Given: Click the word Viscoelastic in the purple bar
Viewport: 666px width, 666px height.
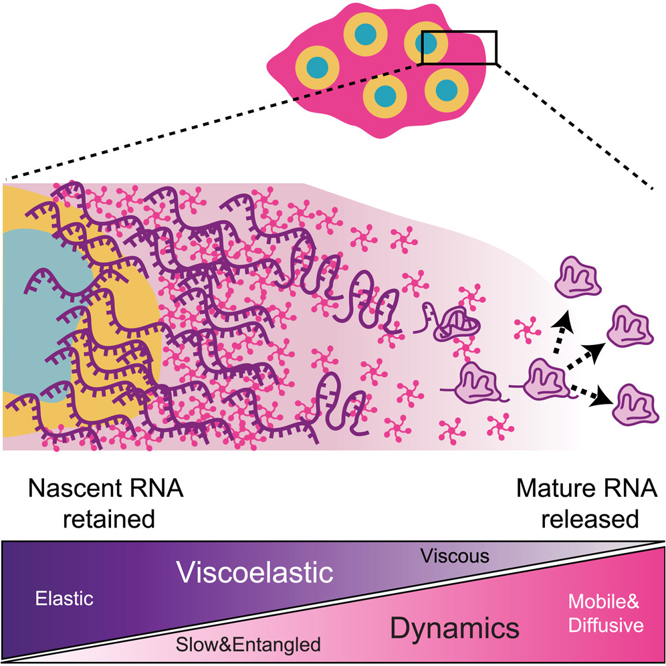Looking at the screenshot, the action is point(255,572).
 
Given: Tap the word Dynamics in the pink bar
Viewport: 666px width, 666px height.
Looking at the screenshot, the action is point(455,627).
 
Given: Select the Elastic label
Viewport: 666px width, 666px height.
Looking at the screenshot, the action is point(64,598).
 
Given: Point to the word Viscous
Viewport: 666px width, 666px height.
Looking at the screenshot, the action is point(455,556).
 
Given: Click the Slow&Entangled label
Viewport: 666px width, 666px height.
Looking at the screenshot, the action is point(248,645).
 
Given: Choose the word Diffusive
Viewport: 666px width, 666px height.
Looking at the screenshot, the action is point(606,625).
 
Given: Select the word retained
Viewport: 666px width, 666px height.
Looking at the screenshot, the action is point(109,519).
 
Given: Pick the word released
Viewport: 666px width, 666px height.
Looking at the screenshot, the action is point(590,519).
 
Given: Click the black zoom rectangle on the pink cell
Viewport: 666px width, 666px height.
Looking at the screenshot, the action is point(459,31).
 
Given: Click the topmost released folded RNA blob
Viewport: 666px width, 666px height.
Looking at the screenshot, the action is point(577,277).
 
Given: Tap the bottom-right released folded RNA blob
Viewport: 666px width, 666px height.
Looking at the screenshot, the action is point(635,405).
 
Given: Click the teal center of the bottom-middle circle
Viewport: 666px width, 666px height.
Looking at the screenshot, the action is point(385,96).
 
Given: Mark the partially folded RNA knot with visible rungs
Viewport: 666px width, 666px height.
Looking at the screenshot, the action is point(457,325).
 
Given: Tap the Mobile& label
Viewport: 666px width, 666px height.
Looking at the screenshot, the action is point(604,601).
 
